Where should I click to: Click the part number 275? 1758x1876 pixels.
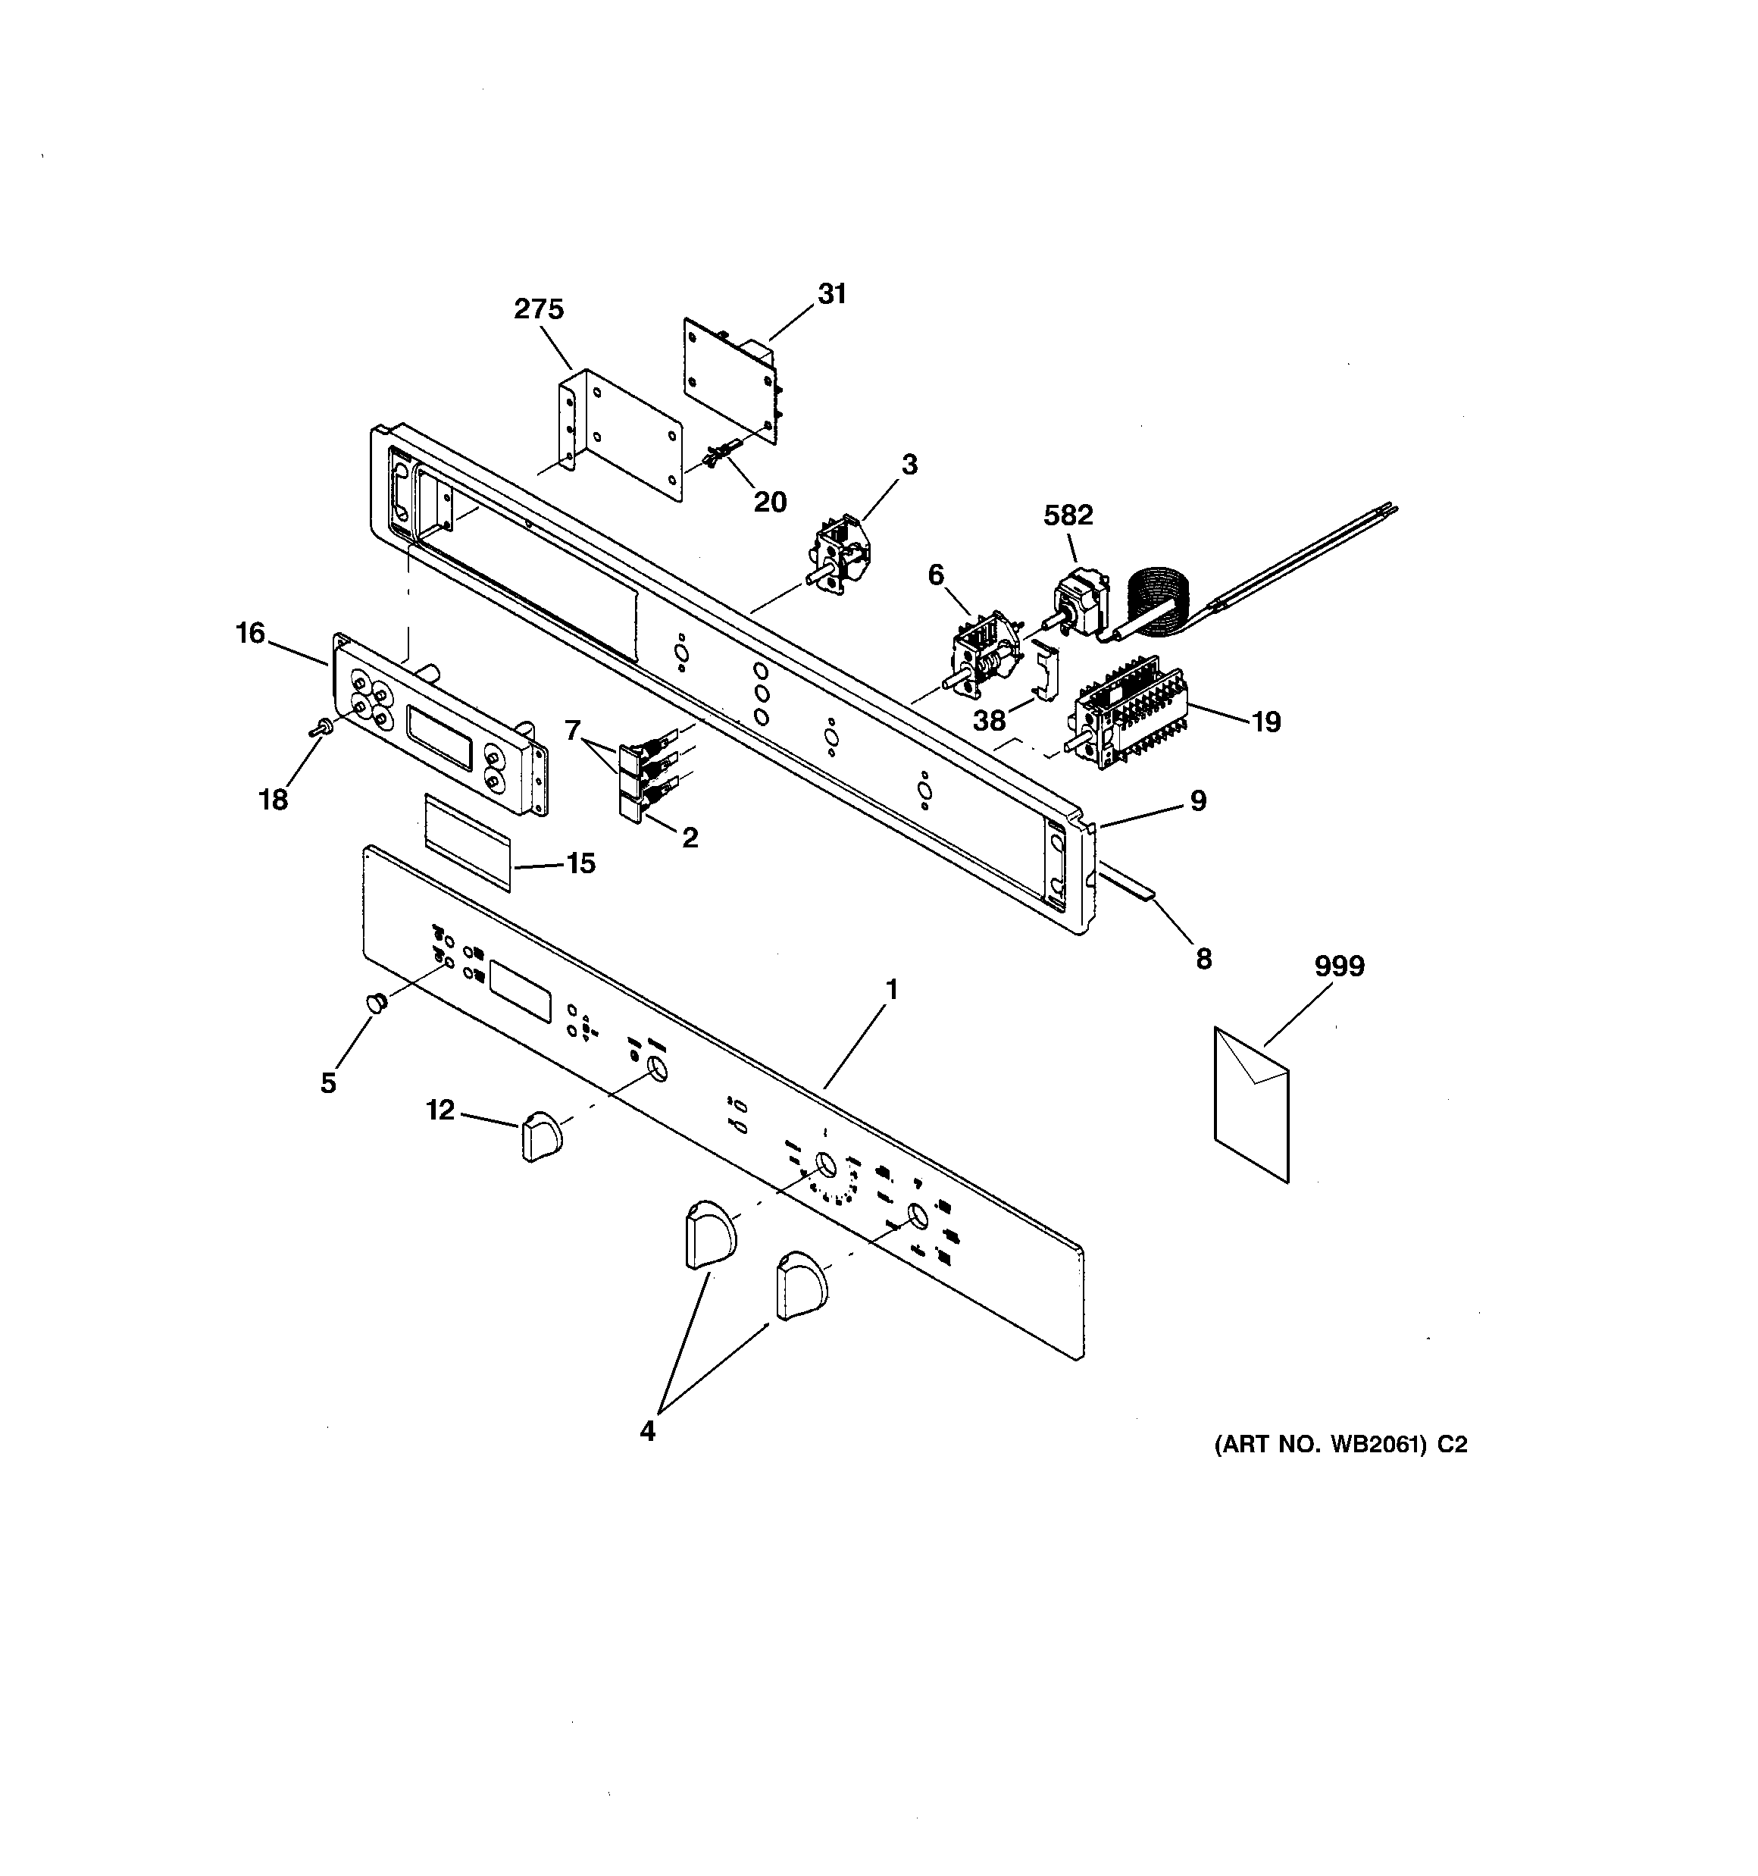tap(538, 308)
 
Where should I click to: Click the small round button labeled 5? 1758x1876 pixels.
tap(376, 1003)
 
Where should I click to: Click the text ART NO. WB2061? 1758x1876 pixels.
tap(1340, 1471)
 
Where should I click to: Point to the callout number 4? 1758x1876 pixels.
tap(647, 1432)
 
